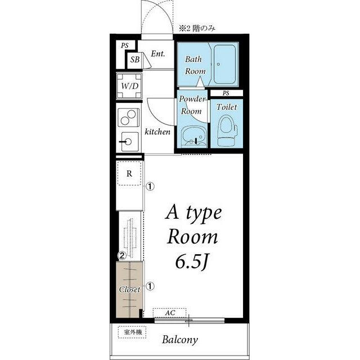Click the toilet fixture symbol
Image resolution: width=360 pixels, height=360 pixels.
click(227, 130)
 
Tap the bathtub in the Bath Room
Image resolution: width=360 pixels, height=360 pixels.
click(225, 65)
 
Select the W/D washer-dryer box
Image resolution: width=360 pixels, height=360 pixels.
click(129, 86)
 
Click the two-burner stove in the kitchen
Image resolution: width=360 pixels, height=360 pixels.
click(129, 118)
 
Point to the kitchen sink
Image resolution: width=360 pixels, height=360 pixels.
click(130, 142)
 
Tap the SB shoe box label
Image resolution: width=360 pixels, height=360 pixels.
click(135, 60)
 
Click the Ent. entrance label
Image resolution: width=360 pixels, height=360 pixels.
click(158, 54)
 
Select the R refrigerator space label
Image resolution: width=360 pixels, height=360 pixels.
click(129, 174)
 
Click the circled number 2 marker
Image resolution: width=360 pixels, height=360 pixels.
click(122, 255)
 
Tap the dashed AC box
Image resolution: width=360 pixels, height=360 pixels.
click(170, 313)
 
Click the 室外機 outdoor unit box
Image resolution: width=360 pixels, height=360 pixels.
click(132, 332)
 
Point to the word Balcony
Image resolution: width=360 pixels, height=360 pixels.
click(180, 340)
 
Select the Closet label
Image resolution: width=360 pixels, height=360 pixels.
click(129, 290)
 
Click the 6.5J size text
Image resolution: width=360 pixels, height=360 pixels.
click(192, 262)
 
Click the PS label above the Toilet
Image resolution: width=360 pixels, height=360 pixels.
click(226, 93)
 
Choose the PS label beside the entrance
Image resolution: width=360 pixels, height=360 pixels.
click(125, 46)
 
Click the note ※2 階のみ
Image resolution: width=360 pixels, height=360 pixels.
click(197, 29)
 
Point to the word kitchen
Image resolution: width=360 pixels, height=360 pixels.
click(157, 132)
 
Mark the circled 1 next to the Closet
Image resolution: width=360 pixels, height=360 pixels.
click(150, 286)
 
